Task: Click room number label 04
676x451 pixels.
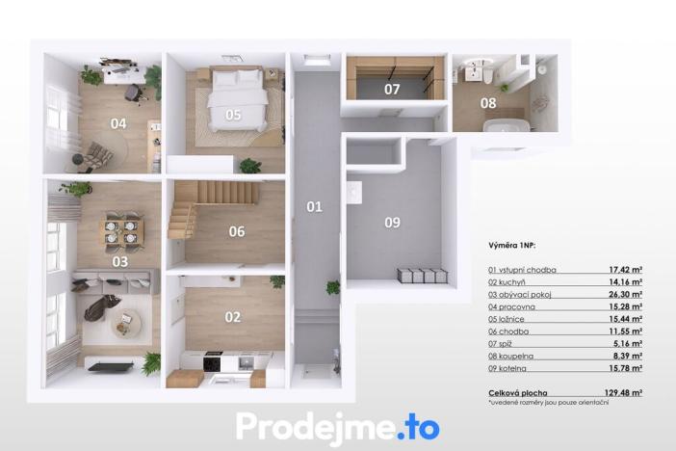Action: pyautogui.click(x=117, y=123)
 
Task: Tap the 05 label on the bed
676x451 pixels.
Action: pyautogui.click(x=233, y=115)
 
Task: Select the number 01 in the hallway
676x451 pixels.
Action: pyautogui.click(x=314, y=206)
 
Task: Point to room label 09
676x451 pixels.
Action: pyautogui.click(x=392, y=223)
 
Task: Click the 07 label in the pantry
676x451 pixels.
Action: pyautogui.click(x=392, y=90)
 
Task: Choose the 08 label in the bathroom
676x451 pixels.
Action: pyautogui.click(x=489, y=103)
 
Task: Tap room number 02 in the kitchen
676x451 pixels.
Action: pyautogui.click(x=233, y=316)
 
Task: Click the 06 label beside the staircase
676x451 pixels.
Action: pyautogui.click(x=236, y=231)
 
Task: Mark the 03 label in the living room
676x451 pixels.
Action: pyautogui.click(x=120, y=261)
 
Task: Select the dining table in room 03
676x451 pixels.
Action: pyautogui.click(x=121, y=231)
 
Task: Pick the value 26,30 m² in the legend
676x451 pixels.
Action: pyautogui.click(x=628, y=294)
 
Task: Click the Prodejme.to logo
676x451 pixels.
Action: pyautogui.click(x=337, y=425)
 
